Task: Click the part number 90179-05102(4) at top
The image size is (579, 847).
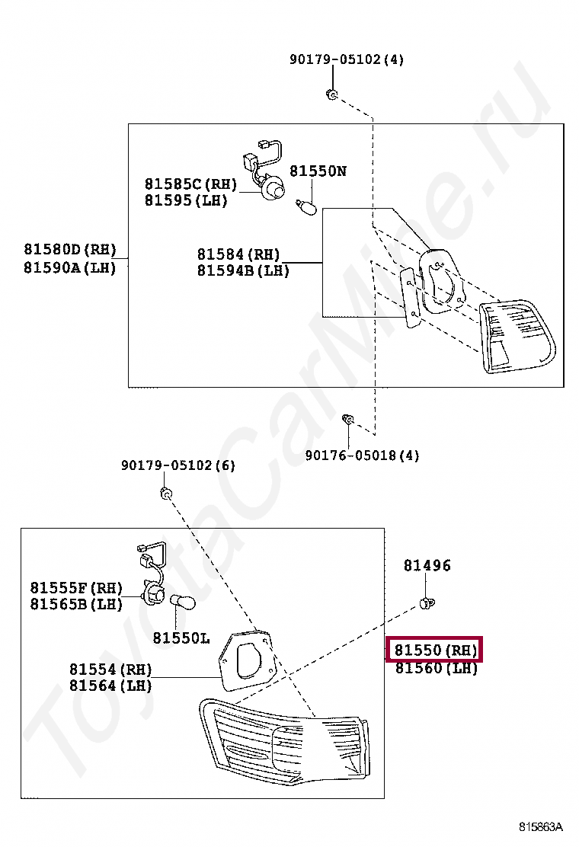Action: click(346, 59)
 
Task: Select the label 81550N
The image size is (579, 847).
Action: click(318, 171)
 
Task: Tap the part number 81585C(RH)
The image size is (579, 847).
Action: click(190, 184)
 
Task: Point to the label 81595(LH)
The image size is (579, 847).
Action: click(186, 201)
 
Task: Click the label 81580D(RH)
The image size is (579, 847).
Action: click(69, 250)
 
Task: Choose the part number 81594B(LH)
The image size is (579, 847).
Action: click(243, 270)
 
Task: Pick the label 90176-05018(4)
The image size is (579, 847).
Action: click(362, 455)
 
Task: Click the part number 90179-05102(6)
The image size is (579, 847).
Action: click(178, 465)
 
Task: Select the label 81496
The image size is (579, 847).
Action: click(427, 565)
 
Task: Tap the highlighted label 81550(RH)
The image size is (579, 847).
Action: click(435, 650)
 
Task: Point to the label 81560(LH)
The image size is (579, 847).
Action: click(435, 669)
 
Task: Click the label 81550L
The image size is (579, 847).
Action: click(181, 638)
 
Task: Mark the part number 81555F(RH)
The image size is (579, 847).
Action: click(76, 588)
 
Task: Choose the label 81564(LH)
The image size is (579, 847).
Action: click(110, 686)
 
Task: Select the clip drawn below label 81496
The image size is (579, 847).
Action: click(427, 604)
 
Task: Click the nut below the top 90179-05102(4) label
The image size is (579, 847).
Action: click(331, 94)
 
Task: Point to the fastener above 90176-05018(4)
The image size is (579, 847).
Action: click(347, 418)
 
